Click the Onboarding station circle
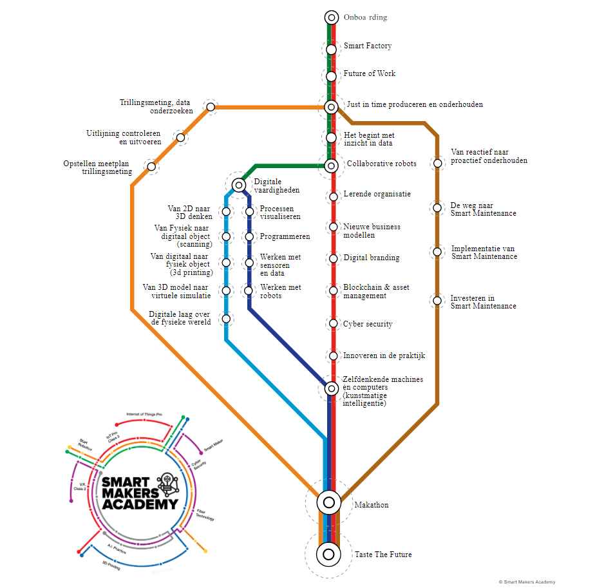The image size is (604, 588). pyautogui.click(x=331, y=18)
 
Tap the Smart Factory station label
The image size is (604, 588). pyautogui.click(x=367, y=46)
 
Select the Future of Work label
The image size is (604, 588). pyautogui.click(x=369, y=73)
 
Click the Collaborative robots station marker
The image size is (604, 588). pyautogui.click(x=331, y=166)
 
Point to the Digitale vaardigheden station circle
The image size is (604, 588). pyautogui.click(x=239, y=185)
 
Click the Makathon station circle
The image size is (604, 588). pyautogui.click(x=328, y=501)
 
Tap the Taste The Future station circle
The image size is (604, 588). pyautogui.click(x=328, y=553)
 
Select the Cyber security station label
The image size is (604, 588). pyautogui.click(x=368, y=324)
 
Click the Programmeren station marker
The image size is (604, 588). pyautogui.click(x=249, y=237)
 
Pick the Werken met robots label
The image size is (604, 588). pyautogui.click(x=280, y=291)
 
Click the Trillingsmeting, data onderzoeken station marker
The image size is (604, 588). pyautogui.click(x=210, y=107)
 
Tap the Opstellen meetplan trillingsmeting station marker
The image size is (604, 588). pyautogui.click(x=151, y=167)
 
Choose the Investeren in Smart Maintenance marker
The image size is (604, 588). pyautogui.click(x=437, y=300)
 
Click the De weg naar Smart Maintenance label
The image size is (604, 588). pyautogui.click(x=483, y=209)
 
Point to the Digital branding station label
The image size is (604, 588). pyautogui.click(x=371, y=258)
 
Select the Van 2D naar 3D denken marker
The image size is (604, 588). pyautogui.click(x=226, y=211)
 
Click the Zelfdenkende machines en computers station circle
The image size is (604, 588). pyautogui.click(x=331, y=388)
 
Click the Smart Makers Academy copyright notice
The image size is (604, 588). pyautogui.click(x=526, y=582)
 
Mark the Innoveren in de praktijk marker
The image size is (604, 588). pyautogui.click(x=333, y=356)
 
